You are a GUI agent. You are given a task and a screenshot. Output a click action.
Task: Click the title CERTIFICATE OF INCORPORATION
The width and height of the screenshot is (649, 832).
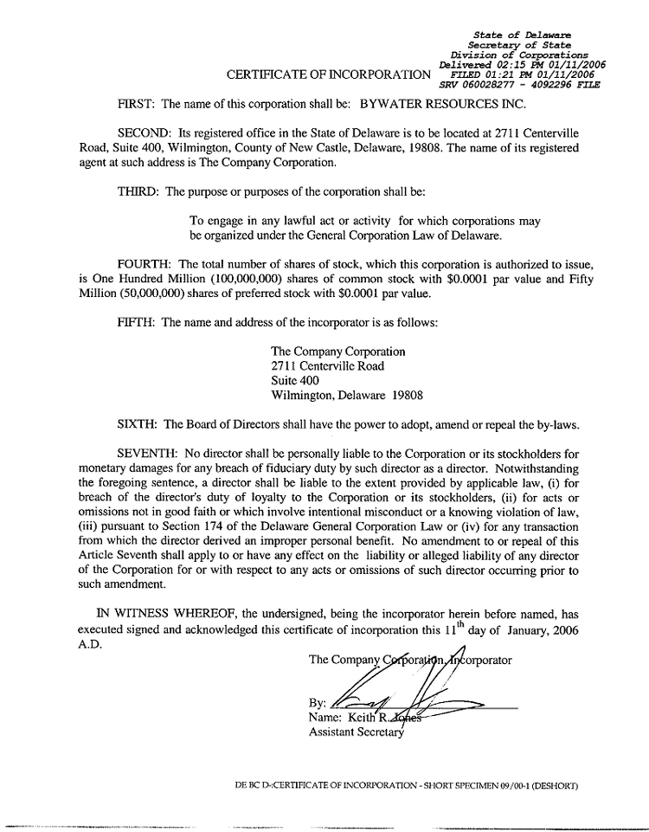tap(328, 75)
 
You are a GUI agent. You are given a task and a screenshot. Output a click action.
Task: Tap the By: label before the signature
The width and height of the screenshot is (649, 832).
tap(317, 703)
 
